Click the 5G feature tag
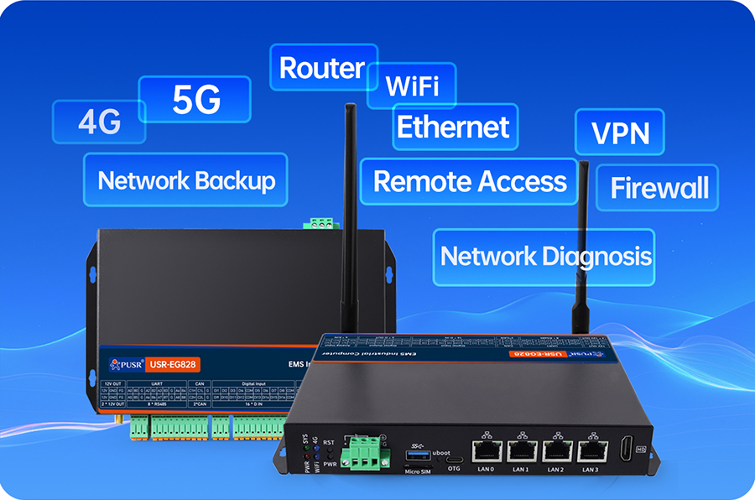click(195, 100)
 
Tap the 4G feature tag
click(99, 122)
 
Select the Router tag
click(323, 68)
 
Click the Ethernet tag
click(454, 128)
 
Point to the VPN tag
click(620, 133)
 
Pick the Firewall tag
click(659, 187)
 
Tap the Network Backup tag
click(186, 180)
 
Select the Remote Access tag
click(470, 181)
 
